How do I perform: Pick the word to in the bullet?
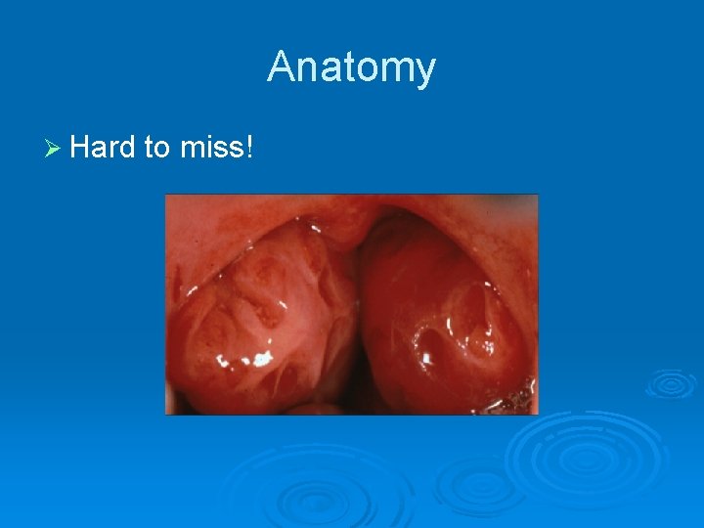(157, 148)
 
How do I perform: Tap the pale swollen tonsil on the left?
(259, 313)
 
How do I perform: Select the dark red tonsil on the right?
(440, 313)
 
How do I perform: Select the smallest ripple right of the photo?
(671, 382)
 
